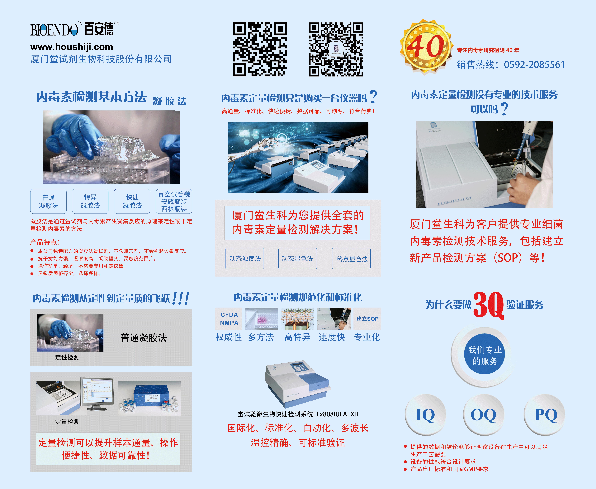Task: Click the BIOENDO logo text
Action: [54, 30]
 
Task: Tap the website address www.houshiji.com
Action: [72, 47]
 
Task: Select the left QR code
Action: [260, 49]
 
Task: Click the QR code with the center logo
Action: [336, 49]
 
